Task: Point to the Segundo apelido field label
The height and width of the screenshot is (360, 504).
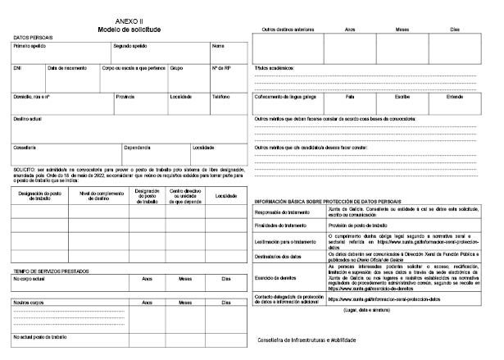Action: point(130,46)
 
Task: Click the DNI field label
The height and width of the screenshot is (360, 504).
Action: point(17,67)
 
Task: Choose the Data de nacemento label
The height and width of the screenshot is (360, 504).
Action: point(67,67)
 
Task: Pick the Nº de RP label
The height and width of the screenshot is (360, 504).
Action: point(221,67)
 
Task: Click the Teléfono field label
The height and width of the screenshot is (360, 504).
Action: point(220,96)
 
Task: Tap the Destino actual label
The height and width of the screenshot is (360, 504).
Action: point(27,118)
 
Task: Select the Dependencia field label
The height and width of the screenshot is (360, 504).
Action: point(137,147)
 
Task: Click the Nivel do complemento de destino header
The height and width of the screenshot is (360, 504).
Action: point(96,196)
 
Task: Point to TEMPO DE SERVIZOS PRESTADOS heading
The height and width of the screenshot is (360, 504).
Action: point(51,271)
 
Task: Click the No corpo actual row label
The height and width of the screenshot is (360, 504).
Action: point(29,280)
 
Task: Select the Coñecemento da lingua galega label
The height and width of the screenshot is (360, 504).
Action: point(286,96)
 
